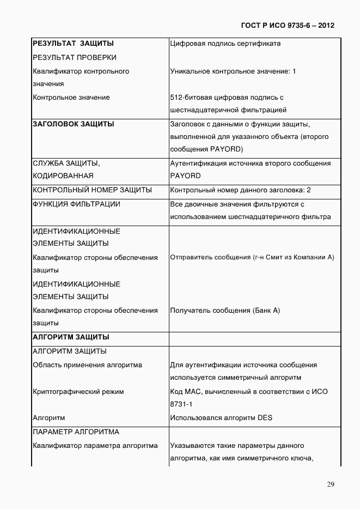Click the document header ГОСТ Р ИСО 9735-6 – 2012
pyautogui.click(x=287, y=25)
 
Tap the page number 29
pyautogui.click(x=331, y=484)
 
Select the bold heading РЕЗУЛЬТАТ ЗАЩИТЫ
pyautogui.click(x=74, y=44)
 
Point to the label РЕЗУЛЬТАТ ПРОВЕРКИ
pyautogui.click(x=75, y=57)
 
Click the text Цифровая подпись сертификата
pyautogui.click(x=225, y=44)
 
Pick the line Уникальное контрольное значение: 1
pyautogui.click(x=233, y=71)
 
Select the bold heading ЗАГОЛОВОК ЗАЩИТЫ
pyautogui.click(x=74, y=124)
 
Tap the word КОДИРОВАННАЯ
pyautogui.click(x=63, y=176)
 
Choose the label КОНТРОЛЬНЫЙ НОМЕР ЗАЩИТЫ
pyautogui.click(x=92, y=190)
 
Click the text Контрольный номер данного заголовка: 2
pyautogui.click(x=240, y=190)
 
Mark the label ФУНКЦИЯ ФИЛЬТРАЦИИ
pyautogui.click(x=77, y=204)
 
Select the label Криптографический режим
pyautogui.click(x=78, y=391)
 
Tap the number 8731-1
pyautogui.click(x=181, y=404)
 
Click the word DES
pyautogui.click(x=265, y=418)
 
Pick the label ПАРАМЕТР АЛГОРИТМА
pyautogui.click(x=76, y=432)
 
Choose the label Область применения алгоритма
pyautogui.click(x=87, y=365)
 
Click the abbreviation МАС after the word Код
pyautogui.click(x=193, y=391)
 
